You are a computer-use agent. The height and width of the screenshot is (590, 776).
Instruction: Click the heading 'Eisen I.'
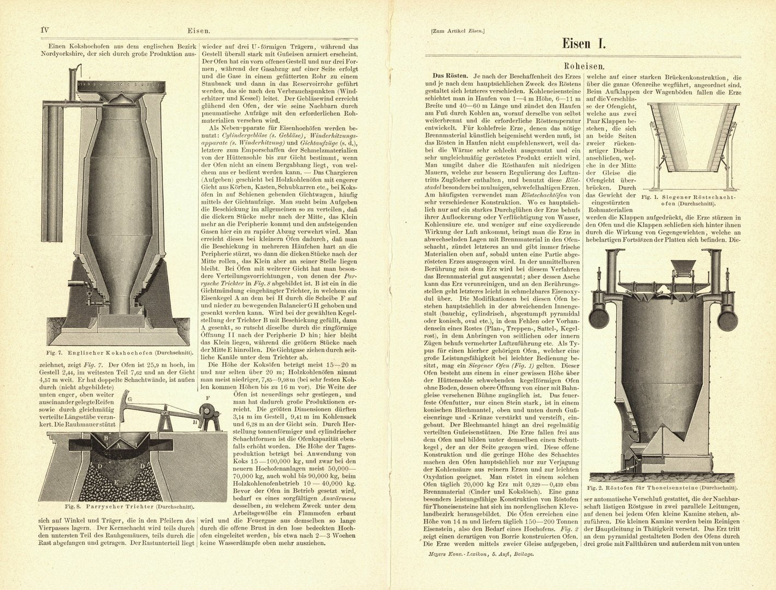(583, 44)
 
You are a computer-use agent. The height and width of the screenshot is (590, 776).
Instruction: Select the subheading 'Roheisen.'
(583, 64)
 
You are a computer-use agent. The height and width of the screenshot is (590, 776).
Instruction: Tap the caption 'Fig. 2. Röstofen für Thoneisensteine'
(662, 487)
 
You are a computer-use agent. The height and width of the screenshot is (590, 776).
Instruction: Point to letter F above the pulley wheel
(208, 397)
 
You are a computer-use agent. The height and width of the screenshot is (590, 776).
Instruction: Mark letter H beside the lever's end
(195, 422)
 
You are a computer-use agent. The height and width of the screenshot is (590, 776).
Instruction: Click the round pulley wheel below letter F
(207, 411)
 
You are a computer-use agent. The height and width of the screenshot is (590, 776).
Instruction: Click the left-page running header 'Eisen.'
(198, 31)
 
